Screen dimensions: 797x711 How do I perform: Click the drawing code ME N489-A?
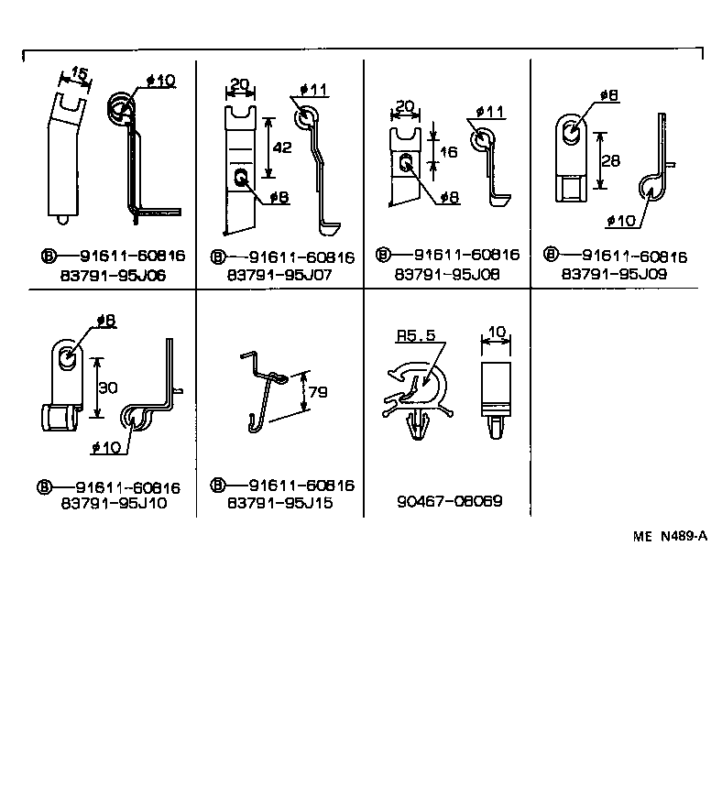click(x=670, y=538)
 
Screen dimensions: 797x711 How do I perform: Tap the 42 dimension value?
click(x=282, y=147)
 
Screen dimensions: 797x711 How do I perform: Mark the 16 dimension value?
click(x=448, y=152)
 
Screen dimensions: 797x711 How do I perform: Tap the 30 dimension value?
click(x=108, y=388)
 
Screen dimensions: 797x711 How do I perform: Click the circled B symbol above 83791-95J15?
click(x=218, y=486)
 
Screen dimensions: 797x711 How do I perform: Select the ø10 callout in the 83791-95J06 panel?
click(x=160, y=81)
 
